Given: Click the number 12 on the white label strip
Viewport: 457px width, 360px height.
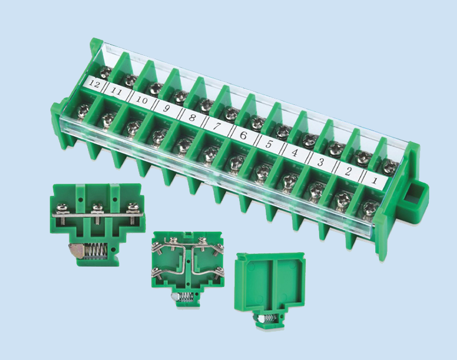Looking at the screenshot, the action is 95,84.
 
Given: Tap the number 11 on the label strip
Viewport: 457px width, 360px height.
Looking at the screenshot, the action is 116,92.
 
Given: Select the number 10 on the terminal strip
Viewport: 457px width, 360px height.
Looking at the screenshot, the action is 142,100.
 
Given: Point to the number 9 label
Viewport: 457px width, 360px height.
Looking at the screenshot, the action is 166,109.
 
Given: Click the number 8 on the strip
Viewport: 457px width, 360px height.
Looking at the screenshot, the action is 192,118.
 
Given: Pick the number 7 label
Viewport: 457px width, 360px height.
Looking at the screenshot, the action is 217,126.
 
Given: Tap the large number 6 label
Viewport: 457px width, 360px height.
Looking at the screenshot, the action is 243,136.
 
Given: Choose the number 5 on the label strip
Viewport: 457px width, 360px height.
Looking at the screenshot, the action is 269,144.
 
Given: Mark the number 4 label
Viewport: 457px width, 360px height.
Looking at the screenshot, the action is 294,153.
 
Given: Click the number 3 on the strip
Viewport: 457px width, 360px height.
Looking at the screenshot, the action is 320,162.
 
